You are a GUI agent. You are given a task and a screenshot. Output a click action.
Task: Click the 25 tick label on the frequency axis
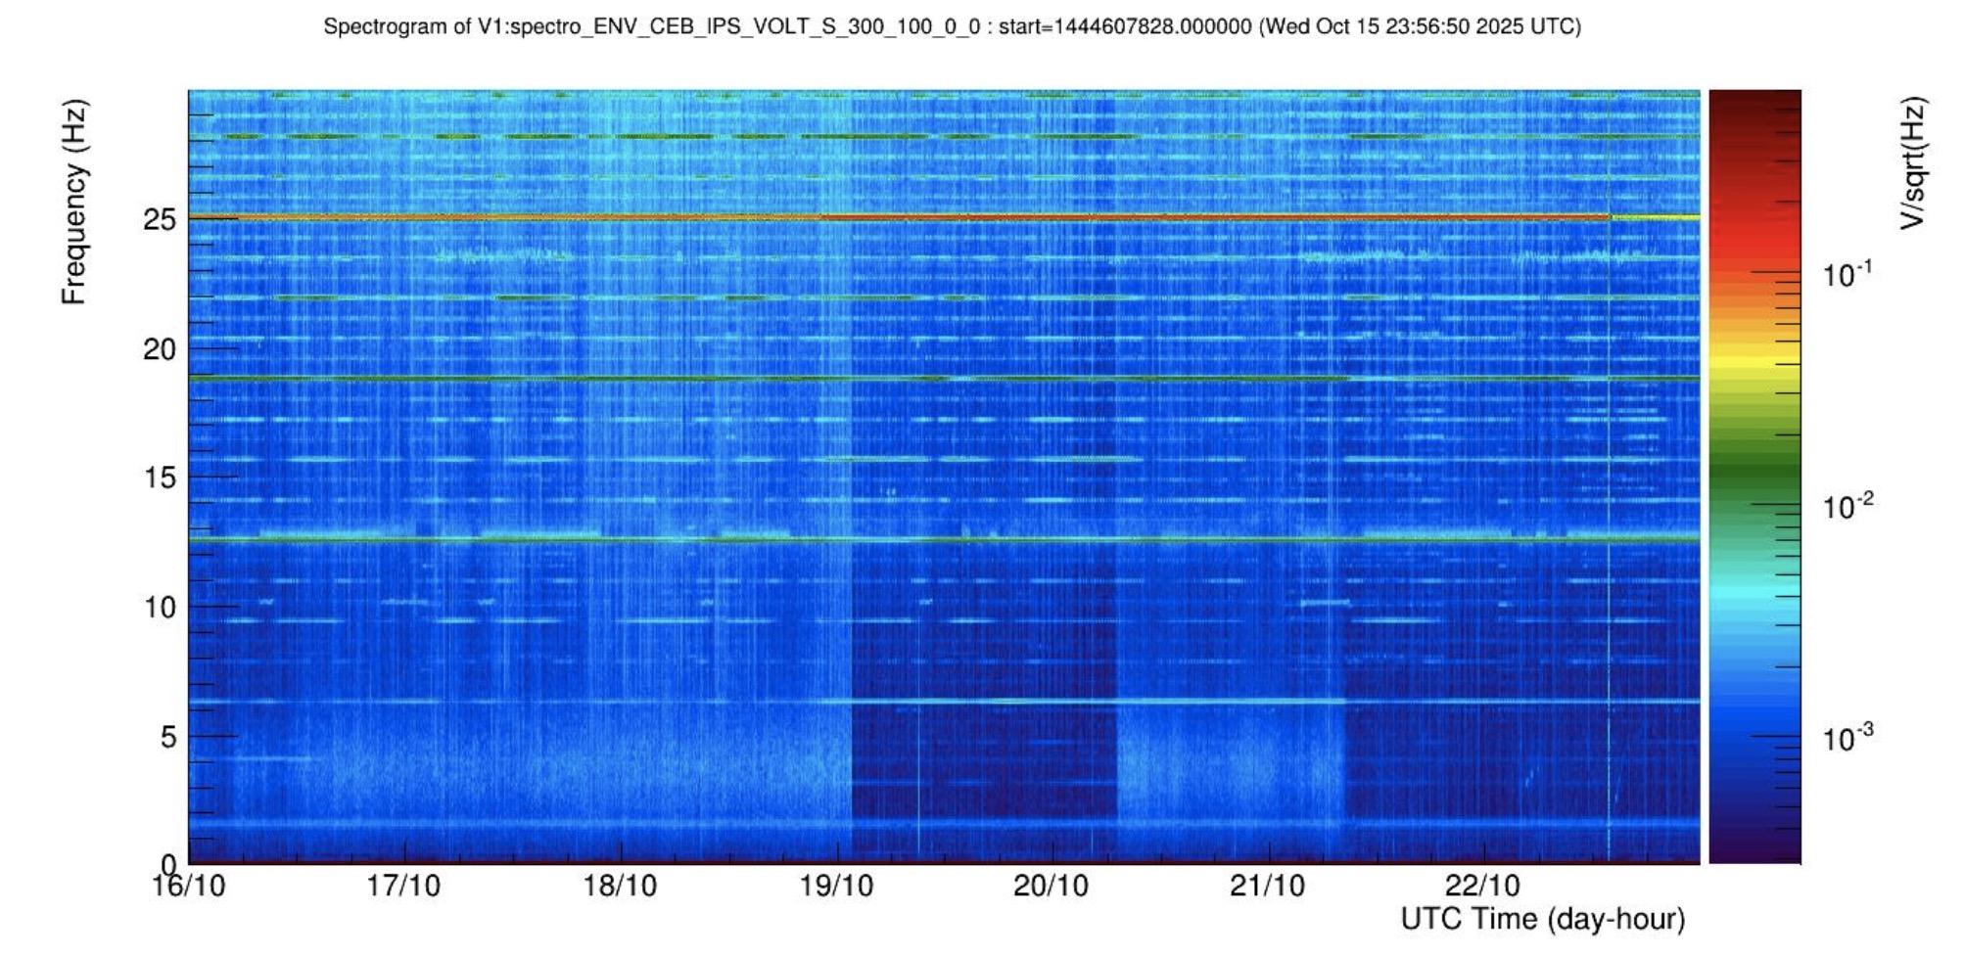[160, 219]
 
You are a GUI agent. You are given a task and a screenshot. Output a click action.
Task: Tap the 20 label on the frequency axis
[160, 348]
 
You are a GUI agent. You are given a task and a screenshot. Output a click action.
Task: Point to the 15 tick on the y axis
[160, 478]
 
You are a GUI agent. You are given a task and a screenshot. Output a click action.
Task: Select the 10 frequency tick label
[160, 607]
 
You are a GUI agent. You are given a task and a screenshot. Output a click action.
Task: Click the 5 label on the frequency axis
[168, 736]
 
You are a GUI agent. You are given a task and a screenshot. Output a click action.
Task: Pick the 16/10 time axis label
[188, 886]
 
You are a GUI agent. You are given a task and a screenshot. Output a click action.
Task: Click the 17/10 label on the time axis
[403, 886]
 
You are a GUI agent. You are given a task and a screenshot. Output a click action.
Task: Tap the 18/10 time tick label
[620, 886]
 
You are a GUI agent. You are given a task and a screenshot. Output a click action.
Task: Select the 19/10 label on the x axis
[836, 886]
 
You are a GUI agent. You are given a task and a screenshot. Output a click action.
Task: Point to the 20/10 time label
[1051, 886]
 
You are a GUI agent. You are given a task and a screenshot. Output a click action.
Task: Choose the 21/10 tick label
[1267, 886]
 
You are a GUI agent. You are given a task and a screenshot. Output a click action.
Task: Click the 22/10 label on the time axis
[1482, 886]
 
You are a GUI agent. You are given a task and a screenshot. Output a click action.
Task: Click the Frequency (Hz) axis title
[74, 202]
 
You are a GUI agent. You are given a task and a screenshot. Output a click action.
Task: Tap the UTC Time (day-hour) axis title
[1542, 919]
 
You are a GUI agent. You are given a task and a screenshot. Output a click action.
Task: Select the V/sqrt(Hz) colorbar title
[1912, 162]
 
